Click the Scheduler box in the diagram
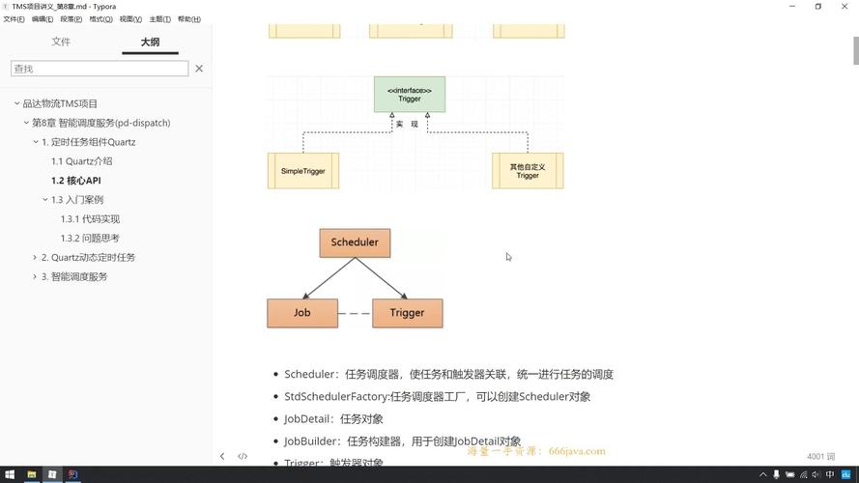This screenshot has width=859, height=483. pyautogui.click(x=355, y=242)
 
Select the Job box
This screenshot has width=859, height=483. pyautogui.click(x=302, y=313)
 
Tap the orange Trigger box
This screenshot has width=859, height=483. pyautogui.click(x=407, y=313)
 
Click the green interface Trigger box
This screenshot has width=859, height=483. pyautogui.click(x=410, y=95)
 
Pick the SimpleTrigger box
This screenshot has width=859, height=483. pyautogui.click(x=303, y=171)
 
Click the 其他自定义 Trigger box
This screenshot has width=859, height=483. pyautogui.click(x=528, y=171)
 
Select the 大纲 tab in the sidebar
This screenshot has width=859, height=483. pyautogui.click(x=150, y=43)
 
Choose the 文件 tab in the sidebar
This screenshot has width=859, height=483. pyautogui.click(x=61, y=43)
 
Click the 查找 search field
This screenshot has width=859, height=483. pyautogui.click(x=100, y=69)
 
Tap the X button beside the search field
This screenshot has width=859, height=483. pyautogui.click(x=199, y=69)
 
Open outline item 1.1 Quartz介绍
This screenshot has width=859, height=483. pyautogui.click(x=82, y=161)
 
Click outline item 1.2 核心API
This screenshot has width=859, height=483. pyautogui.click(x=76, y=181)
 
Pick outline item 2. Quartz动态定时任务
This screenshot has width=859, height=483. pyautogui.click(x=88, y=257)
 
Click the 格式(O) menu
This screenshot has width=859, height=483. pyautogui.click(x=100, y=19)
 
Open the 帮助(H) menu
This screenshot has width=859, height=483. pyautogui.click(x=189, y=19)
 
